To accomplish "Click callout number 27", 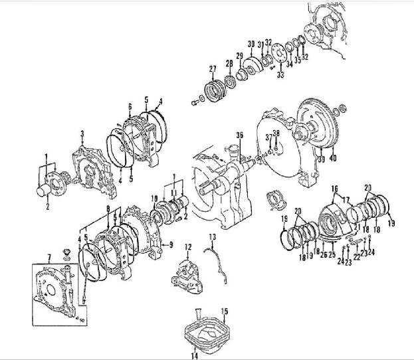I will pos(212,68).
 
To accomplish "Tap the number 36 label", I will pos(239,135).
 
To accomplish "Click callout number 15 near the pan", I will pos(224,311).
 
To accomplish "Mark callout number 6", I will pos(130,106).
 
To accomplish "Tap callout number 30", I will pos(251,44).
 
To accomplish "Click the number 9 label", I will pos(171,245).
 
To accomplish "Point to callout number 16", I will pos(334,188).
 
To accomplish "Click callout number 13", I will pos(213,237).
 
